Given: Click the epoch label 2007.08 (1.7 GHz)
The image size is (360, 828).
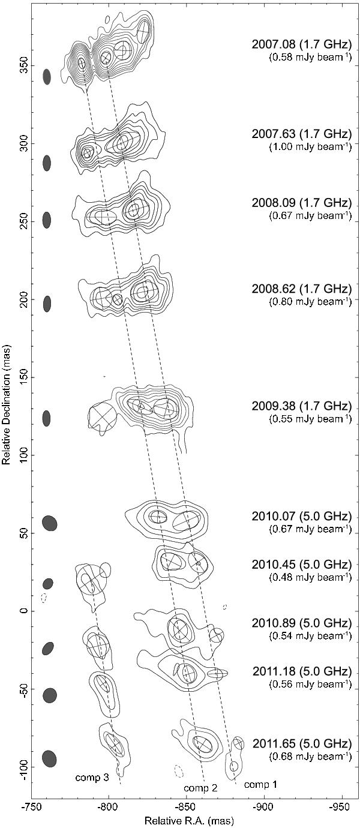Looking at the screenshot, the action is (x=301, y=44).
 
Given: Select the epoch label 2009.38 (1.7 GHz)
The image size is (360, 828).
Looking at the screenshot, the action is (x=301, y=406).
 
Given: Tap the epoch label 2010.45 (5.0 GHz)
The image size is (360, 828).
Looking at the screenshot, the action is (x=301, y=565).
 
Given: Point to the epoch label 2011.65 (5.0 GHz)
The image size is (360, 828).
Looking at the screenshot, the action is (x=301, y=743).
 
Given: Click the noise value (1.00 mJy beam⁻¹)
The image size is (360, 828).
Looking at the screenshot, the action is (x=310, y=147).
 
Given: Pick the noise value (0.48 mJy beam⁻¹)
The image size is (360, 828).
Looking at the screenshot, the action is (x=310, y=577).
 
